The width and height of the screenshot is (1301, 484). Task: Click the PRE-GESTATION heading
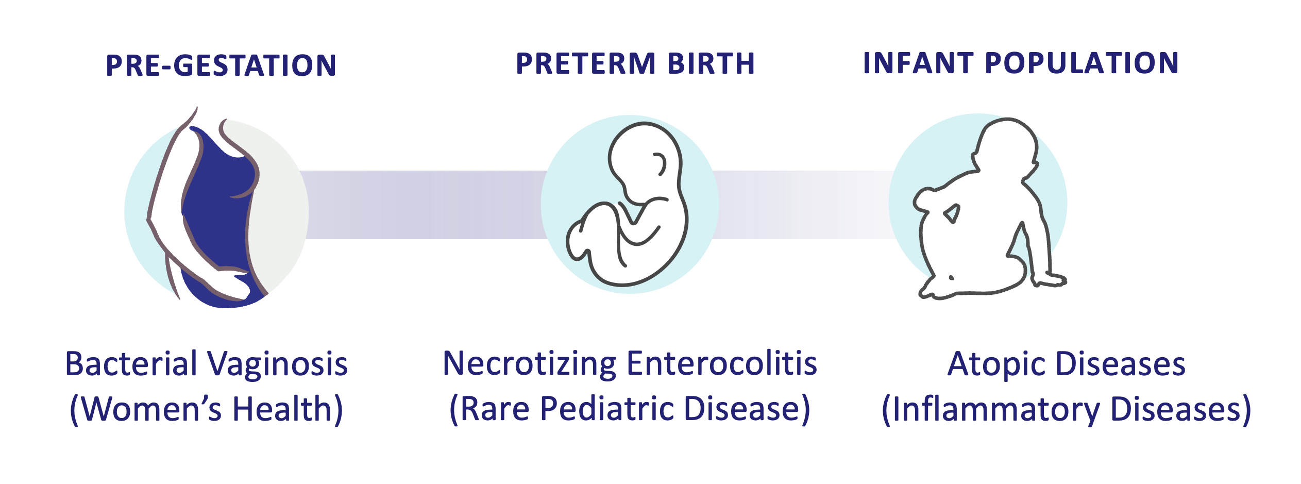(221, 65)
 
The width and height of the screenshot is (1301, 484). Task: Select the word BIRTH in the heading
(711, 63)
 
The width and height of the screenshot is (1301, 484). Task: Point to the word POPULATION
(1082, 63)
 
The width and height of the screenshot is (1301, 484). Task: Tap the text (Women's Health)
(206, 410)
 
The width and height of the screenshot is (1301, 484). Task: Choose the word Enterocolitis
(722, 363)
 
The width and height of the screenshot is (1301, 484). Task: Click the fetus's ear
(660, 164)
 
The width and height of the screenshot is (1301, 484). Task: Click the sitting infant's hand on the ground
(1050, 280)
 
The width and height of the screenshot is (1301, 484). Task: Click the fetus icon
(628, 204)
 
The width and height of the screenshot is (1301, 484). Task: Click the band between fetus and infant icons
(804, 205)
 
